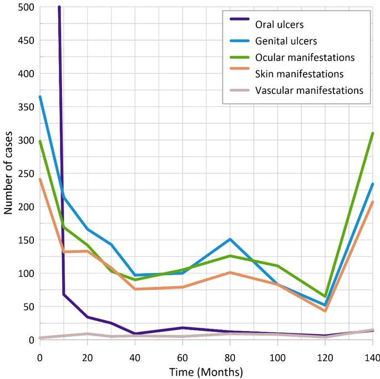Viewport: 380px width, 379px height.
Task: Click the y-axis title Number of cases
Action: pyautogui.click(x=9, y=174)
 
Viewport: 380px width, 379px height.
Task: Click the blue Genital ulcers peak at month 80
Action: pyautogui.click(x=261, y=239)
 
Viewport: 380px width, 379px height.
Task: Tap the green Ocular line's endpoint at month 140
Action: pyautogui.click(x=372, y=134)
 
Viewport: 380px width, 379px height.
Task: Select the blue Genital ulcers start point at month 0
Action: pyautogui.click(x=40, y=97)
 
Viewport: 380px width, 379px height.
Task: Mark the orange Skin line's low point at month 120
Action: pyautogui.click(x=317, y=311)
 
